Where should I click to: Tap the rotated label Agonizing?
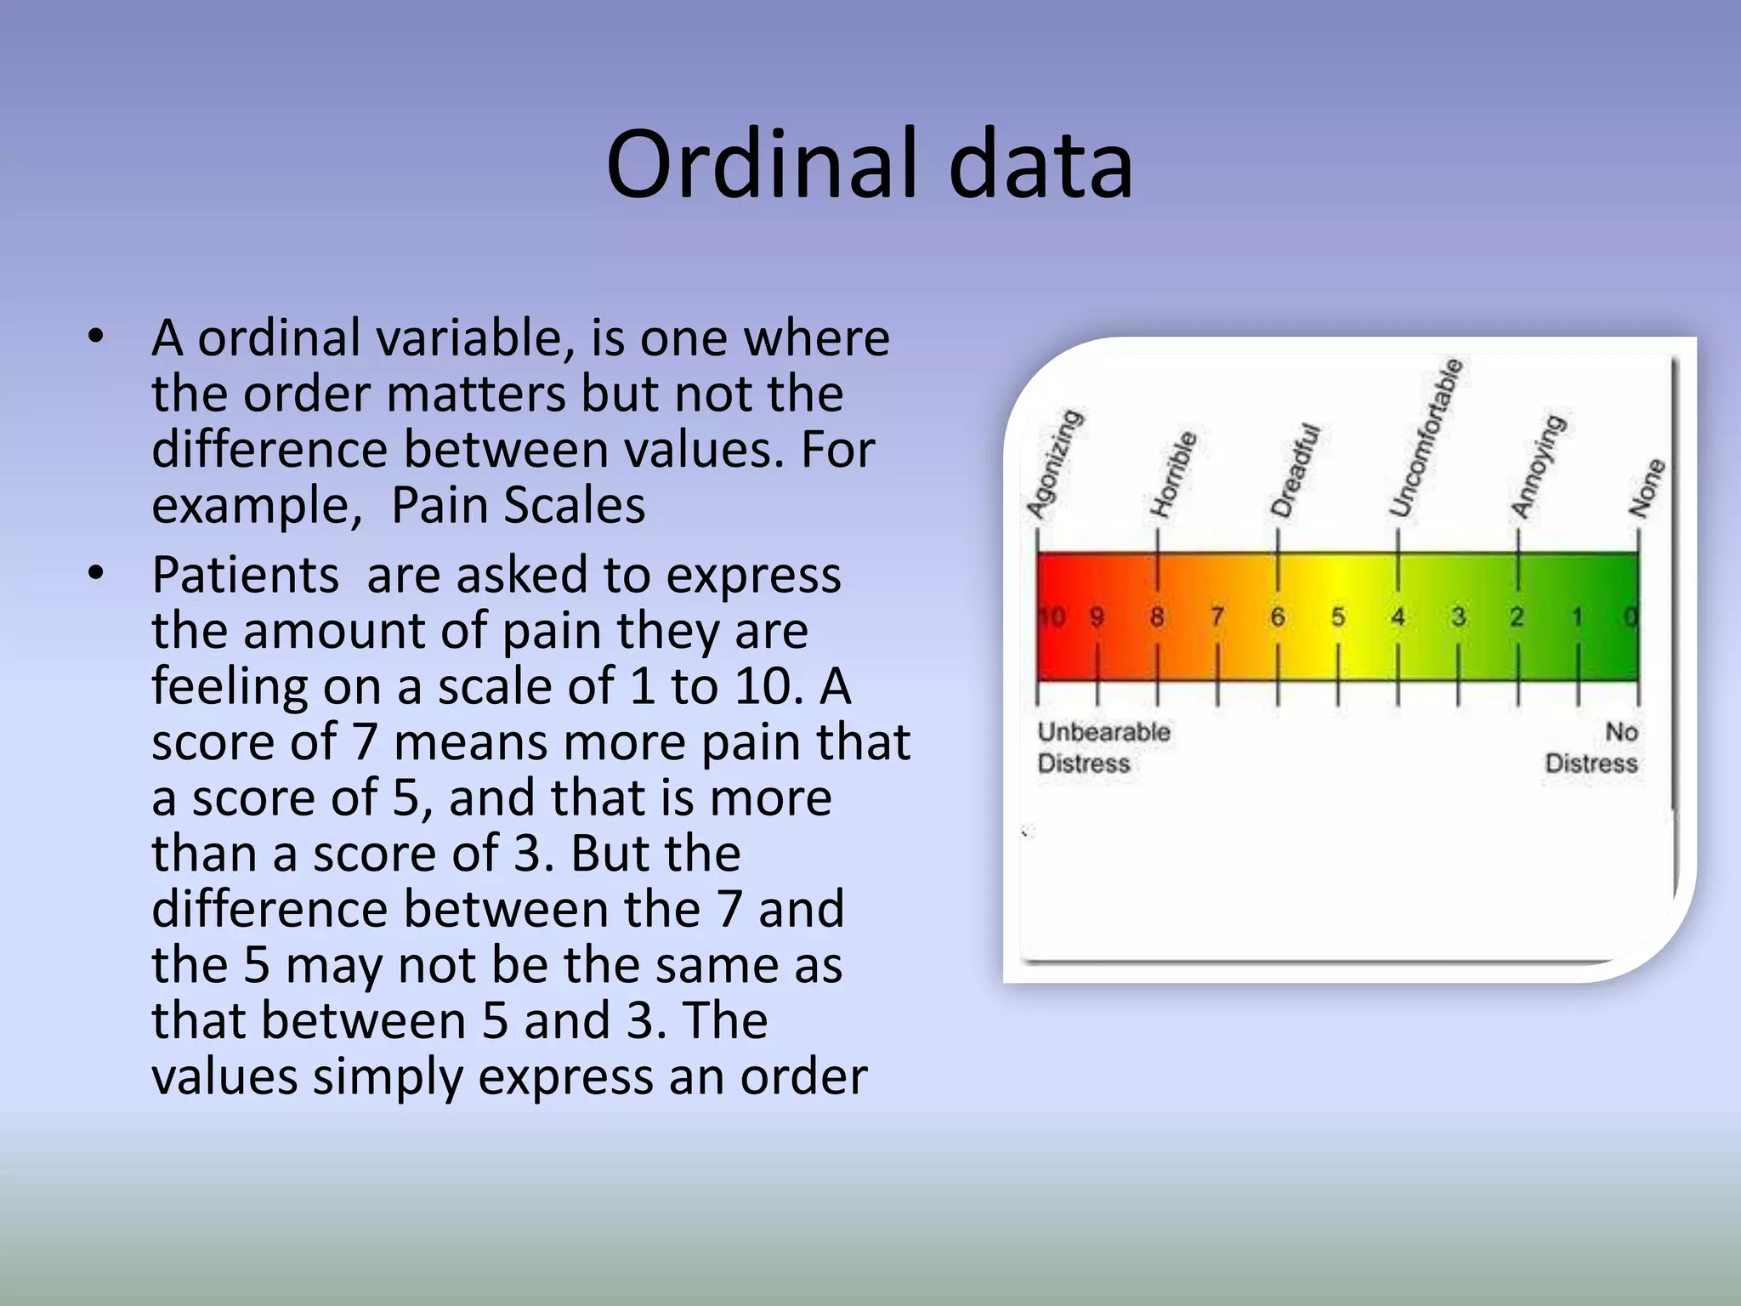point(1054,463)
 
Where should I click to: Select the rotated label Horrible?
point(1173,474)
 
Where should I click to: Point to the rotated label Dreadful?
point(1295,470)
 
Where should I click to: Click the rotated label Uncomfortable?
point(1426,439)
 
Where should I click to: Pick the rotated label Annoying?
point(1537,467)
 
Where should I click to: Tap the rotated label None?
point(1647,488)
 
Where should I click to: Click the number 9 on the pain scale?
point(1097,616)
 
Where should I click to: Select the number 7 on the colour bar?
point(1217,616)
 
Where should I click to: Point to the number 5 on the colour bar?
point(1338,616)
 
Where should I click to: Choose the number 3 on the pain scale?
point(1458,616)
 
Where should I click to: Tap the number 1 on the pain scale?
point(1578,616)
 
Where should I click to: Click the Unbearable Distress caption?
point(1103,747)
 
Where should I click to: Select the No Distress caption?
point(1591,747)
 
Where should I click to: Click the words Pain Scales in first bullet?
point(518,505)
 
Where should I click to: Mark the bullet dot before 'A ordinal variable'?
point(96,337)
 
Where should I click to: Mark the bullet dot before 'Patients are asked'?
point(96,574)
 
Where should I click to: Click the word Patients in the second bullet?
point(245,575)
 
